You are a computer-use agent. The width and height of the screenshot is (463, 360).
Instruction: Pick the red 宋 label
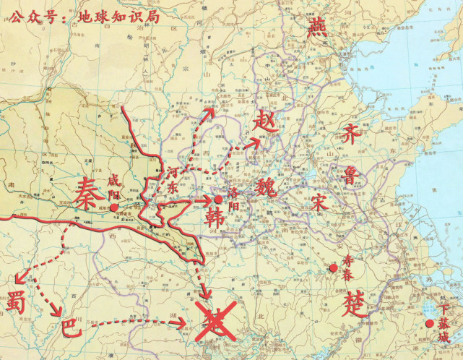(320, 202)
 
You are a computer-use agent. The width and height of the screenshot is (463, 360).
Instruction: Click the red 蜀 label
(17, 301)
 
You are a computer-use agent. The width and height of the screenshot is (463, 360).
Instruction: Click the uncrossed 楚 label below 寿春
(335, 298)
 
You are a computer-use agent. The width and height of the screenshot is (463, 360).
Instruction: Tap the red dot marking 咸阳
(113, 207)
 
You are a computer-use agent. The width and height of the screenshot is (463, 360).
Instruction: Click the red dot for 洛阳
(218, 200)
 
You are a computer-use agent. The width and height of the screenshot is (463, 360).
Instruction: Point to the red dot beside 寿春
(333, 269)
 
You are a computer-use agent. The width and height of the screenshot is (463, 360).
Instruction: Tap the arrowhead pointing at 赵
(255, 142)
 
